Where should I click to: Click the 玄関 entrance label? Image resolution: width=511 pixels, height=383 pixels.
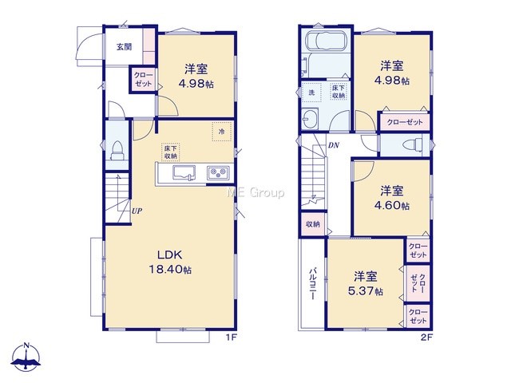(x=125, y=47)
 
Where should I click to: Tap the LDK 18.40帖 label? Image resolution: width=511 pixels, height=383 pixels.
(x=170, y=263)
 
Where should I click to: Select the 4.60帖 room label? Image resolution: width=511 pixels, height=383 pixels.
(x=392, y=198)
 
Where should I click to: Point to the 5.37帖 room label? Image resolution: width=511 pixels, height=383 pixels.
(x=366, y=283)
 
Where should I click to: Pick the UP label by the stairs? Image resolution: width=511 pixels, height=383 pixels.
(x=137, y=211)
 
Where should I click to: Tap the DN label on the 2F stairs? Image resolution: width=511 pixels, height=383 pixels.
(x=334, y=145)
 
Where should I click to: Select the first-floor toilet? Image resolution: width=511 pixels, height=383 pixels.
(x=117, y=151)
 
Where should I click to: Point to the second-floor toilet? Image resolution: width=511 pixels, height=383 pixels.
(x=413, y=144)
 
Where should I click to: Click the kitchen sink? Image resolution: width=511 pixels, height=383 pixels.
(x=184, y=172)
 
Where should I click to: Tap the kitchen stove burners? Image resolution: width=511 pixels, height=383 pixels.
(x=218, y=172)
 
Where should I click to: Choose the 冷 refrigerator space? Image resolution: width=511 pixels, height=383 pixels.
(x=222, y=132)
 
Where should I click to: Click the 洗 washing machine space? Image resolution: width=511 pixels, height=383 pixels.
(x=311, y=93)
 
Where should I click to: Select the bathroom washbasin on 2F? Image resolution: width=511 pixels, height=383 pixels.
(x=310, y=119)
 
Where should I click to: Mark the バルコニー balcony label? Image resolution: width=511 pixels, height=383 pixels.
(x=312, y=284)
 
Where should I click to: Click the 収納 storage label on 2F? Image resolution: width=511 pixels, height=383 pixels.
(x=313, y=224)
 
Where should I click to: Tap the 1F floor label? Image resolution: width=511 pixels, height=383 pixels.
(x=231, y=338)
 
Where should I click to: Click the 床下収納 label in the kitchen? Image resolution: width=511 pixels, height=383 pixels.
(x=171, y=152)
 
